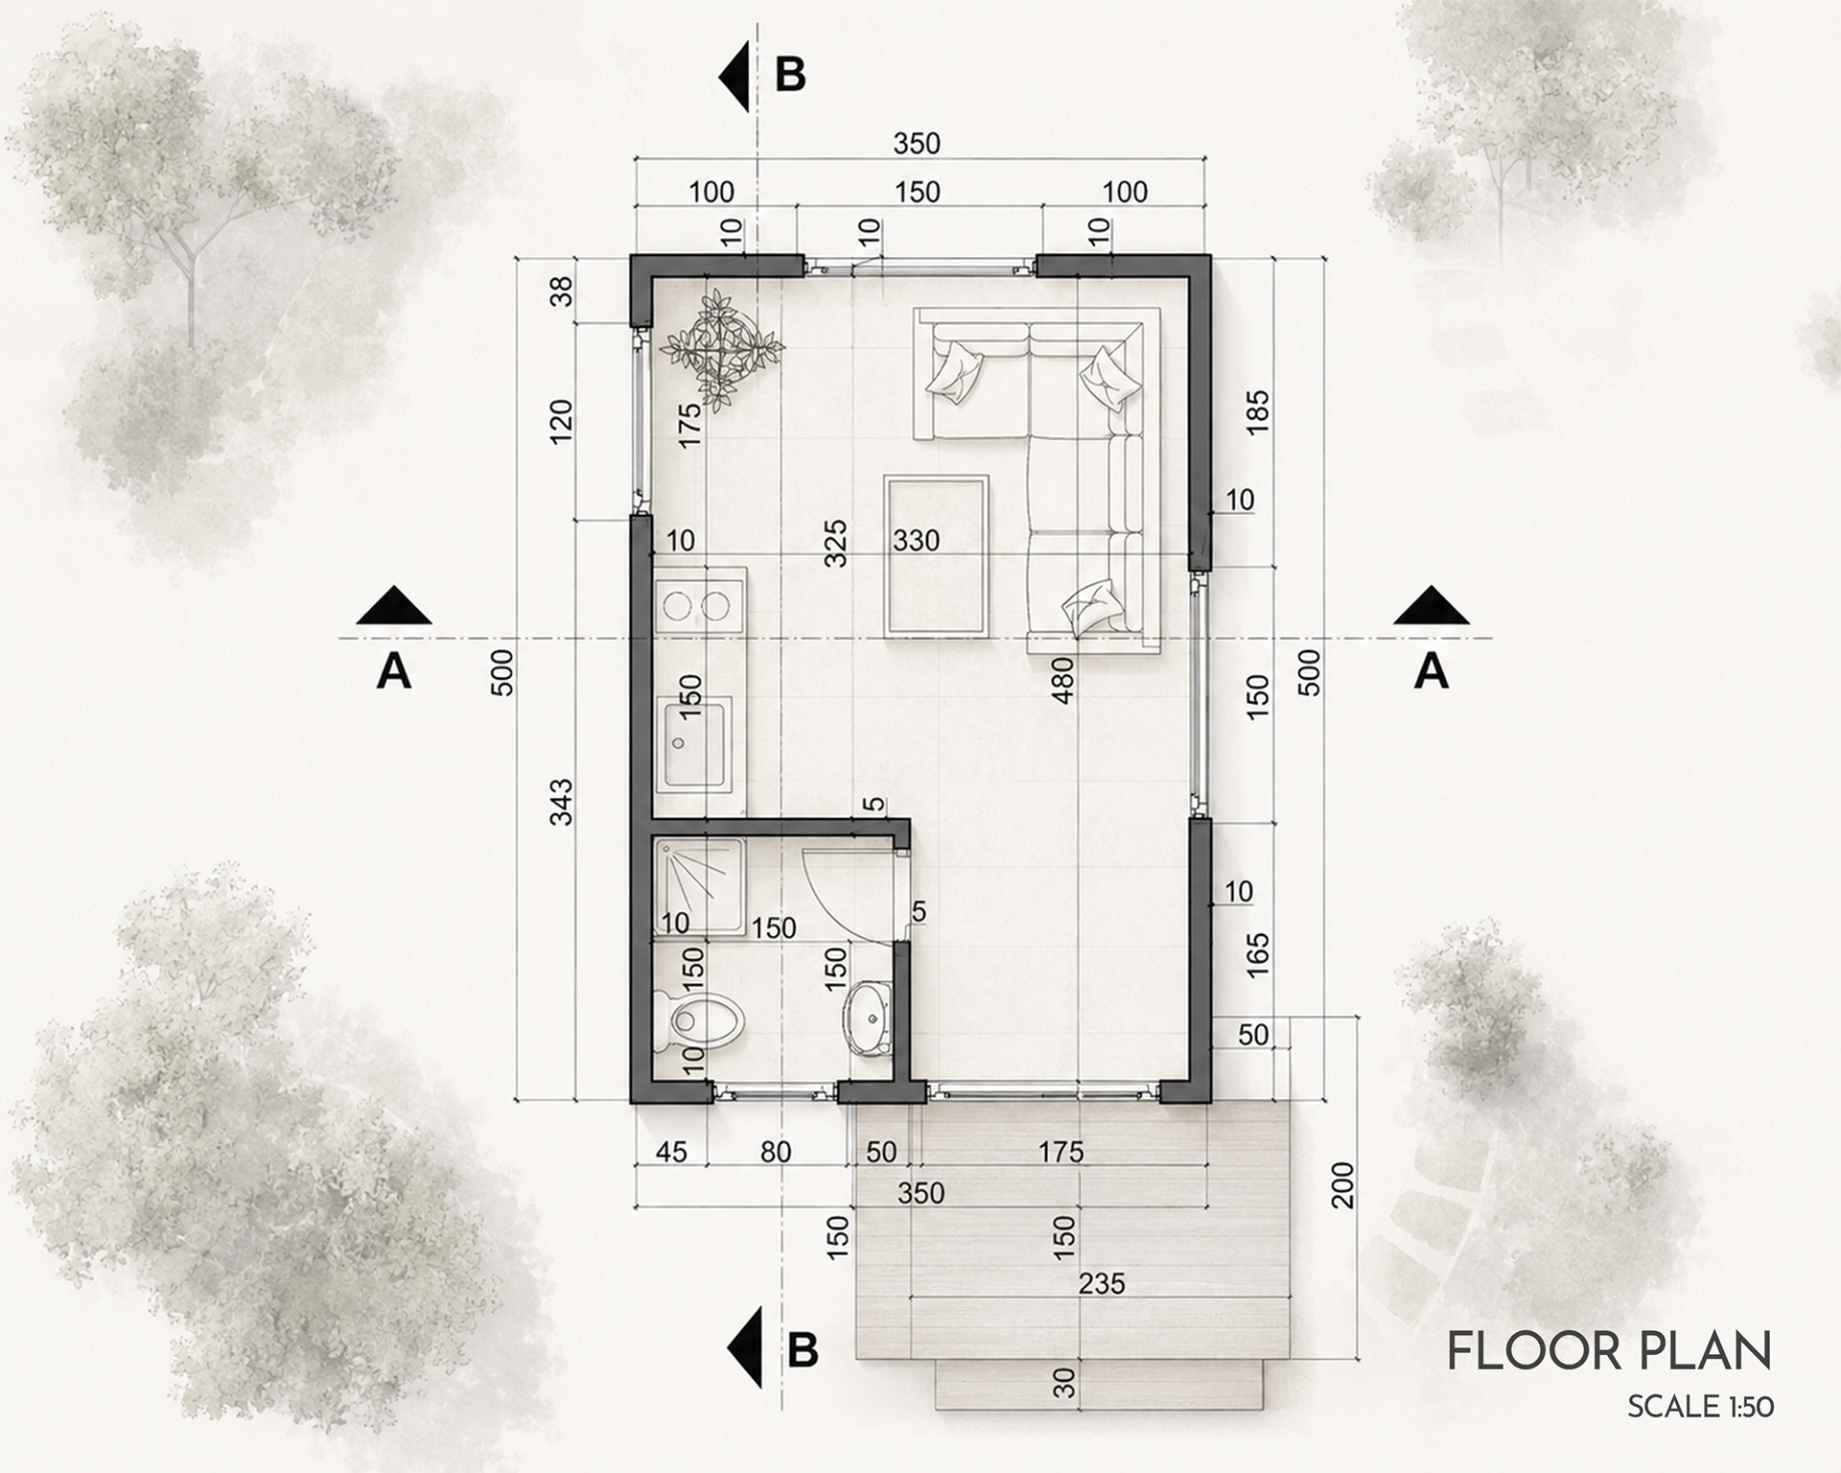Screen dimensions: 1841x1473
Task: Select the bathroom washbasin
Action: pyautogui.click(x=869, y=1017)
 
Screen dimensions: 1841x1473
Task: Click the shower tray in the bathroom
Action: pyautogui.click(x=699, y=885)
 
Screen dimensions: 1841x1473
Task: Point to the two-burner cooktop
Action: pyautogui.click(x=699, y=604)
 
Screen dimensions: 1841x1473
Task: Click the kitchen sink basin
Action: pyautogui.click(x=696, y=744)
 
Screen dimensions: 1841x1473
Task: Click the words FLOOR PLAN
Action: pyautogui.click(x=1609, y=1350)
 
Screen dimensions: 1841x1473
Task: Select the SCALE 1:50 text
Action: pyautogui.click(x=1700, y=1407)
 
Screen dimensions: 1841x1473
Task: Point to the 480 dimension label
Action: pyautogui.click(x=1061, y=680)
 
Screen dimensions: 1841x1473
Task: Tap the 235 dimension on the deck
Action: pyautogui.click(x=1102, y=1282)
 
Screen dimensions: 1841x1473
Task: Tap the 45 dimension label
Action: pyautogui.click(x=670, y=1151)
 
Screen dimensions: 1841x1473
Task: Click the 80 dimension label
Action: pyautogui.click(x=776, y=1151)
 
